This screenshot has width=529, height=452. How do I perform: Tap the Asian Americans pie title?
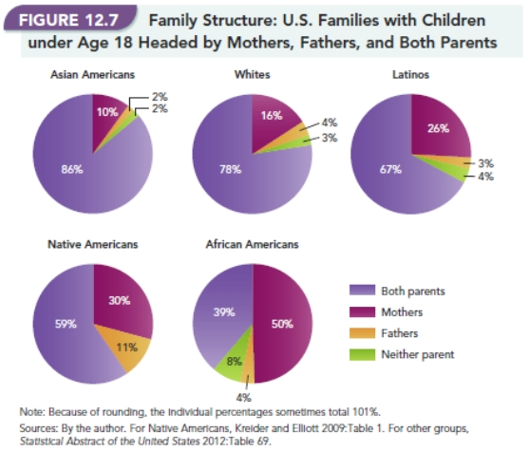click(92, 74)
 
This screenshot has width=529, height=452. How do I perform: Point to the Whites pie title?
click(252, 74)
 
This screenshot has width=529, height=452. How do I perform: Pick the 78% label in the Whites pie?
click(230, 169)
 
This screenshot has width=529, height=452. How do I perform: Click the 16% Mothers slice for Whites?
click(270, 117)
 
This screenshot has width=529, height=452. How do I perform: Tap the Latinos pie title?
click(411, 74)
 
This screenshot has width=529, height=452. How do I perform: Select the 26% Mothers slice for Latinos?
click(438, 128)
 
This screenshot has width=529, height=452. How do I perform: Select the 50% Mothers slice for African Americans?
click(281, 323)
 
